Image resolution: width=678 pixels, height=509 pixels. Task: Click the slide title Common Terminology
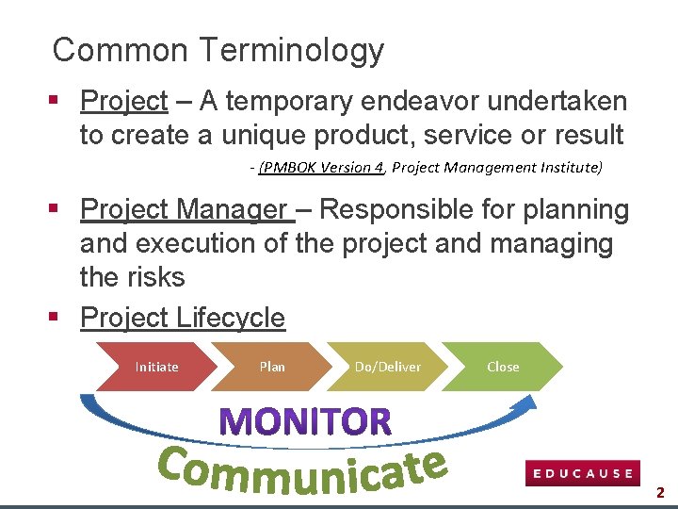tap(218, 50)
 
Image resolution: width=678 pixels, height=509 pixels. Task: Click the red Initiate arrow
tap(156, 367)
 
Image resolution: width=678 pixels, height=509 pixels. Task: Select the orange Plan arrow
tap(272, 367)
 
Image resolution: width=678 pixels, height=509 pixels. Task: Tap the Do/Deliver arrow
tap(387, 367)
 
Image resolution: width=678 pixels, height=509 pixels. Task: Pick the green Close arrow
tap(503, 367)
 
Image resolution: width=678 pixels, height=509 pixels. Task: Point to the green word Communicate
tap(301, 469)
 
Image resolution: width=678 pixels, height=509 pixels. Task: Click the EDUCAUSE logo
tap(583, 473)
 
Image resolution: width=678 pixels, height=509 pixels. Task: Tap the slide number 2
tap(660, 492)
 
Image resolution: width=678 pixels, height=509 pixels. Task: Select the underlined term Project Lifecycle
tap(183, 318)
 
